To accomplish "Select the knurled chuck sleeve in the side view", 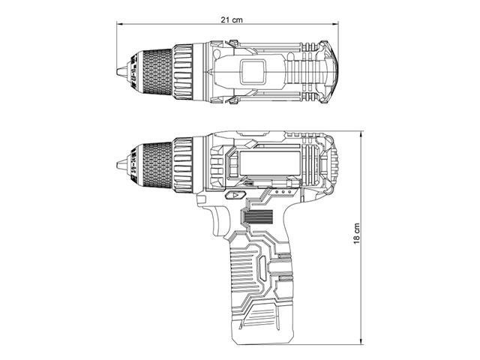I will coord(154,165).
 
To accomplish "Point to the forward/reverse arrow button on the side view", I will coord(234,195).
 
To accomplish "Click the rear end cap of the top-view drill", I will coord(328,73).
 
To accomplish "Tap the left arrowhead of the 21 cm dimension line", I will coord(120,25).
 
